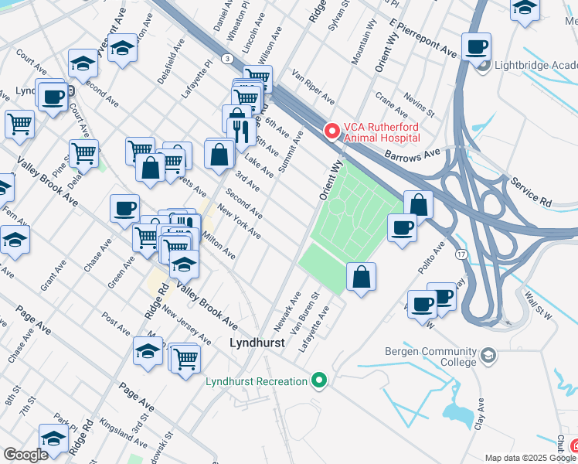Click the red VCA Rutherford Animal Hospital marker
point(332,131)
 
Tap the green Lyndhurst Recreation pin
point(318,380)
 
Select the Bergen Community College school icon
point(488,355)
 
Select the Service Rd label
point(530,192)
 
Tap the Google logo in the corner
point(26,455)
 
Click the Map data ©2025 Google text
point(519,458)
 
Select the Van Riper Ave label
point(313,87)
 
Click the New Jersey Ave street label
point(186,326)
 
